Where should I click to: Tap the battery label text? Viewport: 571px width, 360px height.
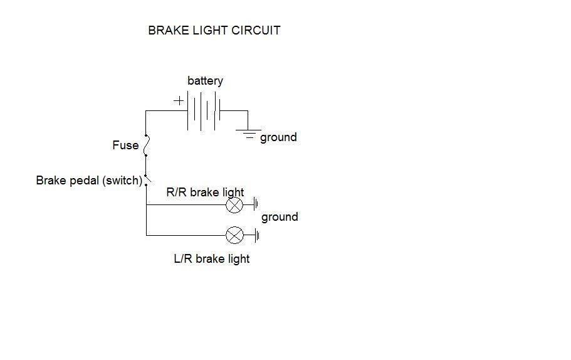pyautogui.click(x=205, y=81)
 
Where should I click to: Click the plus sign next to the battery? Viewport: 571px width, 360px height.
pyautogui.click(x=179, y=100)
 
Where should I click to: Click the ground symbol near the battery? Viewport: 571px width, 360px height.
pyautogui.click(x=248, y=132)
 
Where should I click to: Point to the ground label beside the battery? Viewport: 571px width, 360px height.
pyautogui.click(x=278, y=137)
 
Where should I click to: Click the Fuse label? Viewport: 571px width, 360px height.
pyautogui.click(x=125, y=145)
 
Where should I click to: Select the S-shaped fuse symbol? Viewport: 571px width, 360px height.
pyautogui.click(x=146, y=146)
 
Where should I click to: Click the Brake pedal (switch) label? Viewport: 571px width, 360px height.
pyautogui.click(x=90, y=181)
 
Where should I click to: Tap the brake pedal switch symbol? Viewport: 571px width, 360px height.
pyautogui.click(x=147, y=180)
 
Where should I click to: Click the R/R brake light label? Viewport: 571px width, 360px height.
pyautogui.click(x=205, y=193)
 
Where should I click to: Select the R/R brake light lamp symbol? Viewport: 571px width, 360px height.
pyautogui.click(x=234, y=204)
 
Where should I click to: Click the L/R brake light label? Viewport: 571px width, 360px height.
pyautogui.click(x=211, y=258)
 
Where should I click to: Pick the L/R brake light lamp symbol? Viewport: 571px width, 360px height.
pyautogui.click(x=234, y=236)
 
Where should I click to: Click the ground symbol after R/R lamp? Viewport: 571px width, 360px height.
pyautogui.click(x=256, y=204)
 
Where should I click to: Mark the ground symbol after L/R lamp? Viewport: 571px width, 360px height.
pyautogui.click(x=256, y=236)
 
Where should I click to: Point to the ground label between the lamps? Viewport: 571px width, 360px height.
pyautogui.click(x=280, y=217)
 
